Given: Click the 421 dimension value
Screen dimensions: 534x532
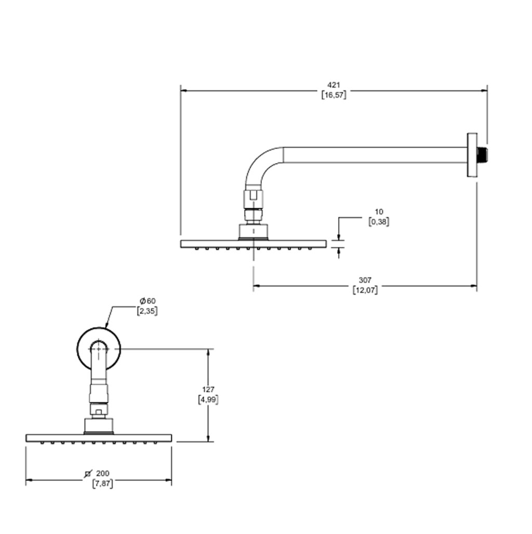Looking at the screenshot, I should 334,85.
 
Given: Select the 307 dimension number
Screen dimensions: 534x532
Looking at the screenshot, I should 365,281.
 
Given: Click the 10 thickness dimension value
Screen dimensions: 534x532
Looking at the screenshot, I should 379,211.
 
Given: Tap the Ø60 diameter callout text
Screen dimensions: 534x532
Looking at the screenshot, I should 148,301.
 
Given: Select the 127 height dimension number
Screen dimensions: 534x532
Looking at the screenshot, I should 208,389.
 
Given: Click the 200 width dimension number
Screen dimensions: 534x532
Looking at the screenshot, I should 103,473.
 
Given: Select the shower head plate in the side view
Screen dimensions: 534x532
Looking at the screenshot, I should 253,243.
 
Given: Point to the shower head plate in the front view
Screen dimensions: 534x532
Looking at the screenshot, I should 99,438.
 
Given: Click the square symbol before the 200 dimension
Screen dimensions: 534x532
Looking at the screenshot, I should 89,473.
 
